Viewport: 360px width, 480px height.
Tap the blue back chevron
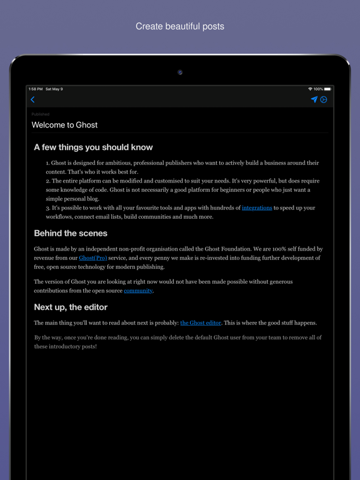pyautogui.click(x=32, y=99)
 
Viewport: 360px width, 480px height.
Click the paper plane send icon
pyautogui.click(x=314, y=99)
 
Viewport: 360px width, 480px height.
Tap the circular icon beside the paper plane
pyautogui.click(x=324, y=99)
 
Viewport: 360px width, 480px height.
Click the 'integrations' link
pyautogui.click(x=257, y=207)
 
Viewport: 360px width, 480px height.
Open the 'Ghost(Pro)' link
pyautogui.click(x=93, y=257)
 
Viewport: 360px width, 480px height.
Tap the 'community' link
pyautogui.click(x=138, y=291)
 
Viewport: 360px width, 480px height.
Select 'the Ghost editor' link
pyautogui.click(x=201, y=322)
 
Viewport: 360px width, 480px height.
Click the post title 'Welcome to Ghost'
pyautogui.click(x=65, y=125)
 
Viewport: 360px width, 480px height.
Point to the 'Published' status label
pyautogui.click(x=40, y=114)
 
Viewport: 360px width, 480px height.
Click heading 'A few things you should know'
pyautogui.click(x=93, y=147)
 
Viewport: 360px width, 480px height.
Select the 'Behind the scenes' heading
pyautogui.click(x=71, y=233)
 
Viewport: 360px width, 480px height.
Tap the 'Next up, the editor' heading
pyautogui.click(x=71, y=307)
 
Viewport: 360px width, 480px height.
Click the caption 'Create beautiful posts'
pyautogui.click(x=180, y=26)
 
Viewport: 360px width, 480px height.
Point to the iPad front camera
pyautogui.click(x=180, y=72)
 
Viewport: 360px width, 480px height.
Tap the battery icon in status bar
pyautogui.click(x=327, y=89)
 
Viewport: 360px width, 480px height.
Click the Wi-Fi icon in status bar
pyautogui.click(x=310, y=89)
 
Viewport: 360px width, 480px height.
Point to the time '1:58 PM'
pyautogui.click(x=35, y=89)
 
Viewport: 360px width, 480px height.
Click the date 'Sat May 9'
pyautogui.click(x=54, y=89)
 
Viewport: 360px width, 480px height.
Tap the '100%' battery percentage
pyautogui.click(x=318, y=89)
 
